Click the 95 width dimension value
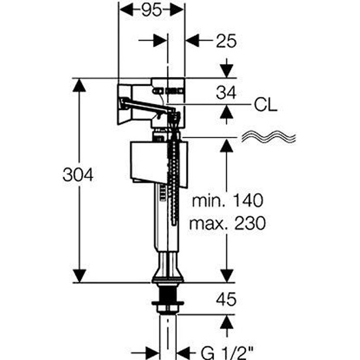click(152, 10)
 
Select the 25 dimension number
click(226, 41)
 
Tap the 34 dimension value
click(226, 93)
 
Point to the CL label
click(266, 105)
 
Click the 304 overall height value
click(78, 175)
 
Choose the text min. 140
click(227, 200)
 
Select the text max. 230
click(227, 223)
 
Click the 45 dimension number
click(226, 299)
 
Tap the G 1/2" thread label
click(227, 353)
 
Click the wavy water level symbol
click(268, 137)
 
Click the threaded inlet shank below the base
click(168, 298)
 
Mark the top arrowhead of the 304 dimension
click(79, 85)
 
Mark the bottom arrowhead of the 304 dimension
click(79, 276)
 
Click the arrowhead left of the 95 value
click(127, 10)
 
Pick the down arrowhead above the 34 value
click(227, 71)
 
